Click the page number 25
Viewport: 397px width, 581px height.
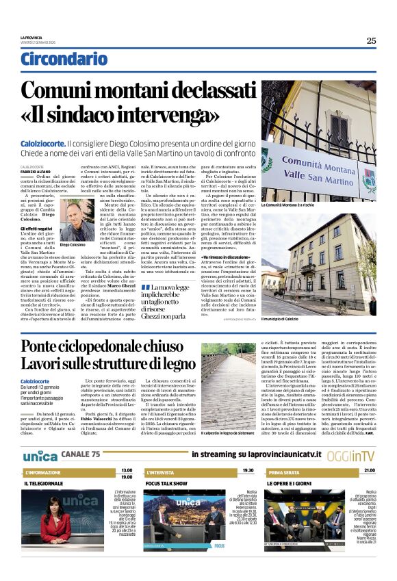370,40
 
